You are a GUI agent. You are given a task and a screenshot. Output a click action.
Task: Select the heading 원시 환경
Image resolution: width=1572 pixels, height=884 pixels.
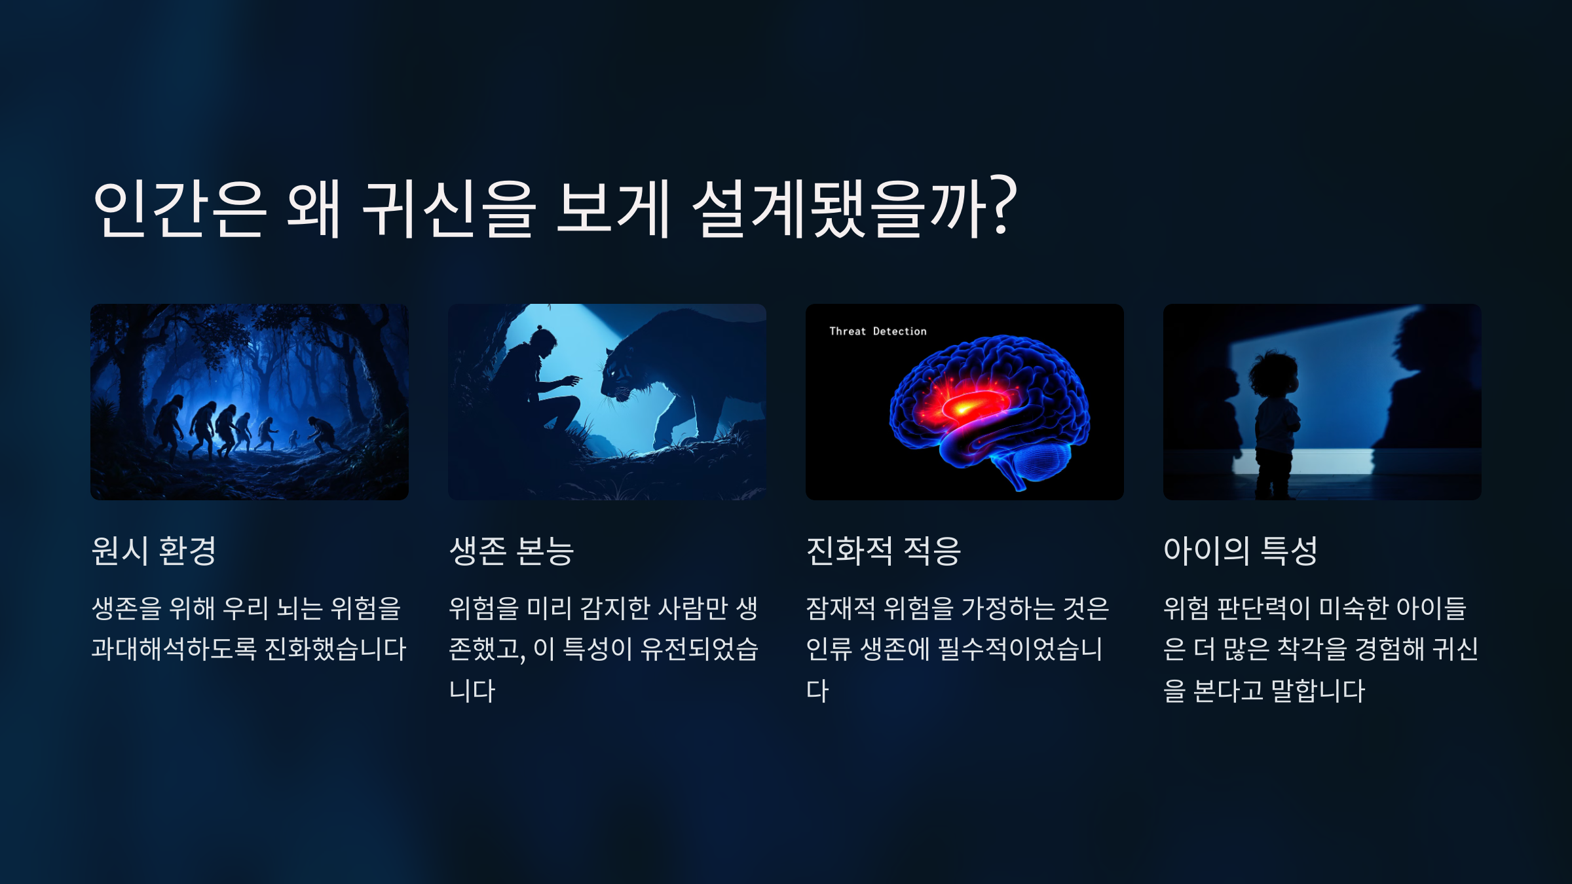tap(154, 551)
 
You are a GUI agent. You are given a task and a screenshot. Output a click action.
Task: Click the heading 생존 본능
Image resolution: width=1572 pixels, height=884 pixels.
tap(512, 551)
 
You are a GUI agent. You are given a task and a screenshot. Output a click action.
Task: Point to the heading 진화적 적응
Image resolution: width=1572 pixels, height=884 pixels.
tap(883, 551)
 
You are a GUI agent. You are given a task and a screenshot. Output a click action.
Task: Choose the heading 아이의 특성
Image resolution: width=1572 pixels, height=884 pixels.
tap(1241, 551)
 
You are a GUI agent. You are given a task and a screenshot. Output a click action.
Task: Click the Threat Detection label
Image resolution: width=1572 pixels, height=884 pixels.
tap(878, 331)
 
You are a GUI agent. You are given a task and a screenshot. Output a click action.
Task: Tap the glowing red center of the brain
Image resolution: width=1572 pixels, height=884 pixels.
tap(963, 407)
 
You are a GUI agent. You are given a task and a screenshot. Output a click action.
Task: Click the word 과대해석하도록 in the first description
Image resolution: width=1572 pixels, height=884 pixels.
tap(174, 650)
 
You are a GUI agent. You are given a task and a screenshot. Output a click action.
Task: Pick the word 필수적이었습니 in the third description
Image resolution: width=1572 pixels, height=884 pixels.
tap(1020, 650)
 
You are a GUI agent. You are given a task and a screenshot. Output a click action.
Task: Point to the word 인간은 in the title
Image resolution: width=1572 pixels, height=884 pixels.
tap(180, 208)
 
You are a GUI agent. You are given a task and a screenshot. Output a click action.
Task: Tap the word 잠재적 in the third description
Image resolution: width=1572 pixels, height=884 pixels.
tap(840, 608)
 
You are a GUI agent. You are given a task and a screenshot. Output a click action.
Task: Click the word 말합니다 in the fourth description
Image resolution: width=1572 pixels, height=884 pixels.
tap(1318, 691)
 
